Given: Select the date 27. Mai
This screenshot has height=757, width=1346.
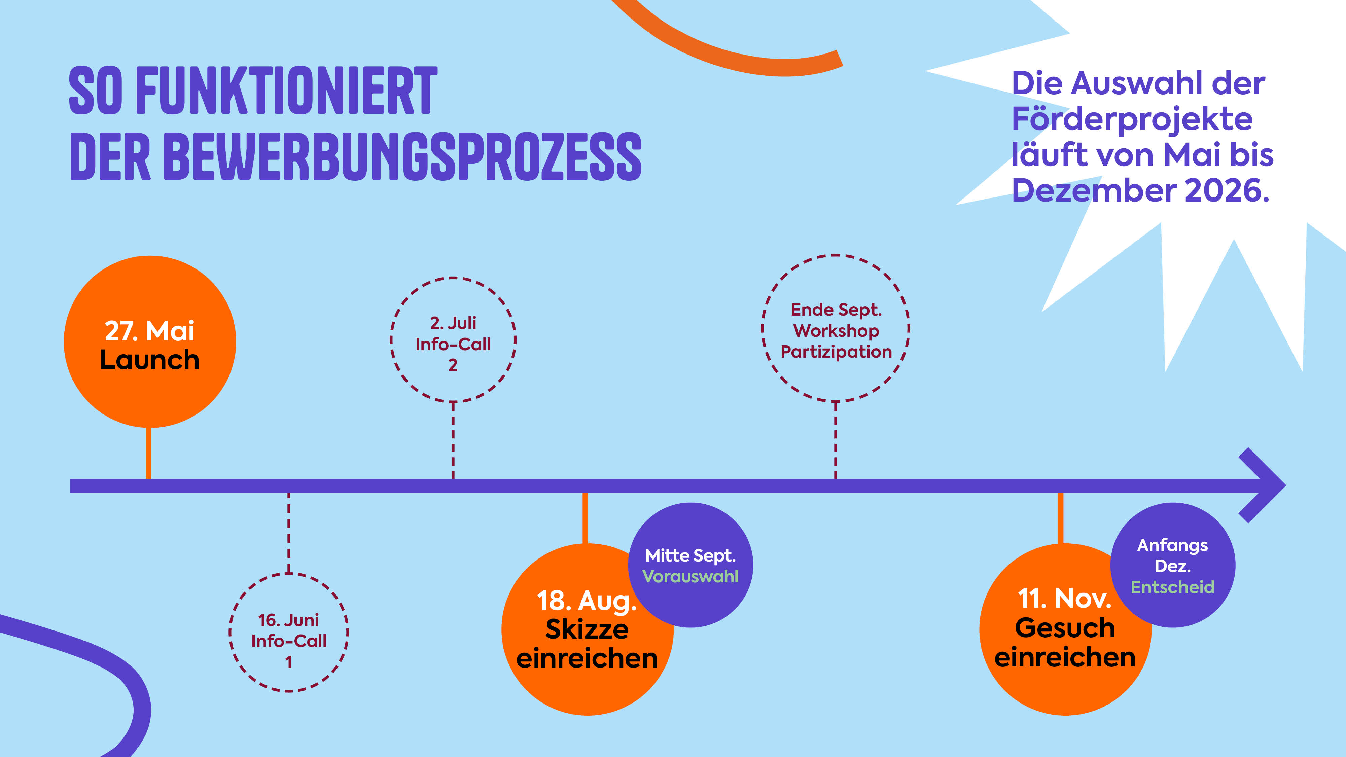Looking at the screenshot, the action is [x=149, y=331].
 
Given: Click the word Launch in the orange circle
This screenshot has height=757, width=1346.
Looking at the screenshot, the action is [x=149, y=360].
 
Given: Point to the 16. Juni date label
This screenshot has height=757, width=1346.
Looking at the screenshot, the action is [x=288, y=620].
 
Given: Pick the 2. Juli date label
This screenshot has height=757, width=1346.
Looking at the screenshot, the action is [x=453, y=323].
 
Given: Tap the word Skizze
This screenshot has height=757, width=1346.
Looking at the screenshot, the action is [x=587, y=629].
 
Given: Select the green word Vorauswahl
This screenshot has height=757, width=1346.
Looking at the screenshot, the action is [x=690, y=576].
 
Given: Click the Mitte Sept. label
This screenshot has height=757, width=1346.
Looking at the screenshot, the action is [x=690, y=555].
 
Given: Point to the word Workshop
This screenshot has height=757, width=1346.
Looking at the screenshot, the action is [x=836, y=331].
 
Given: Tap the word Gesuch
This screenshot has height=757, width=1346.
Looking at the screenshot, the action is [x=1065, y=627].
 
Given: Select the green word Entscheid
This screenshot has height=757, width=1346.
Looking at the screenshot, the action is [x=1172, y=587].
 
